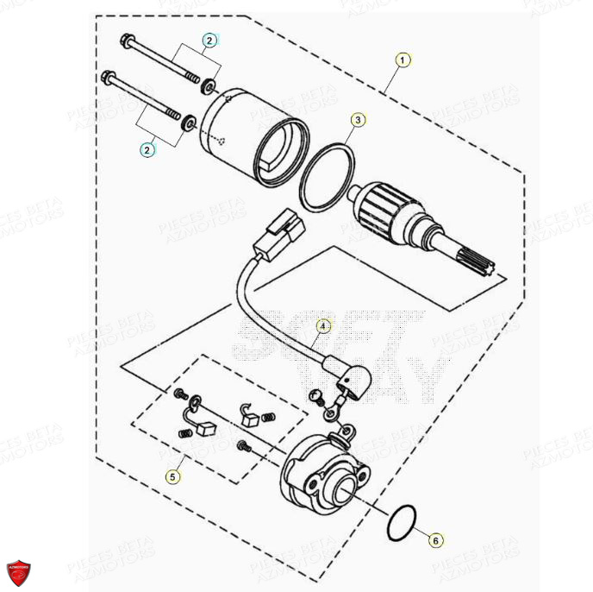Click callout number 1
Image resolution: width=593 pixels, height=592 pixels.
pyautogui.click(x=402, y=60)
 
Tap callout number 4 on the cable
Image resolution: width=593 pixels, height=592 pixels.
pyautogui.click(x=322, y=326)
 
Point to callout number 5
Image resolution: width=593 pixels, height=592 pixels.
pyautogui.click(x=173, y=475)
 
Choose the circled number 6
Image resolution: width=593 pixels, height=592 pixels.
pyautogui.click(x=436, y=540)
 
